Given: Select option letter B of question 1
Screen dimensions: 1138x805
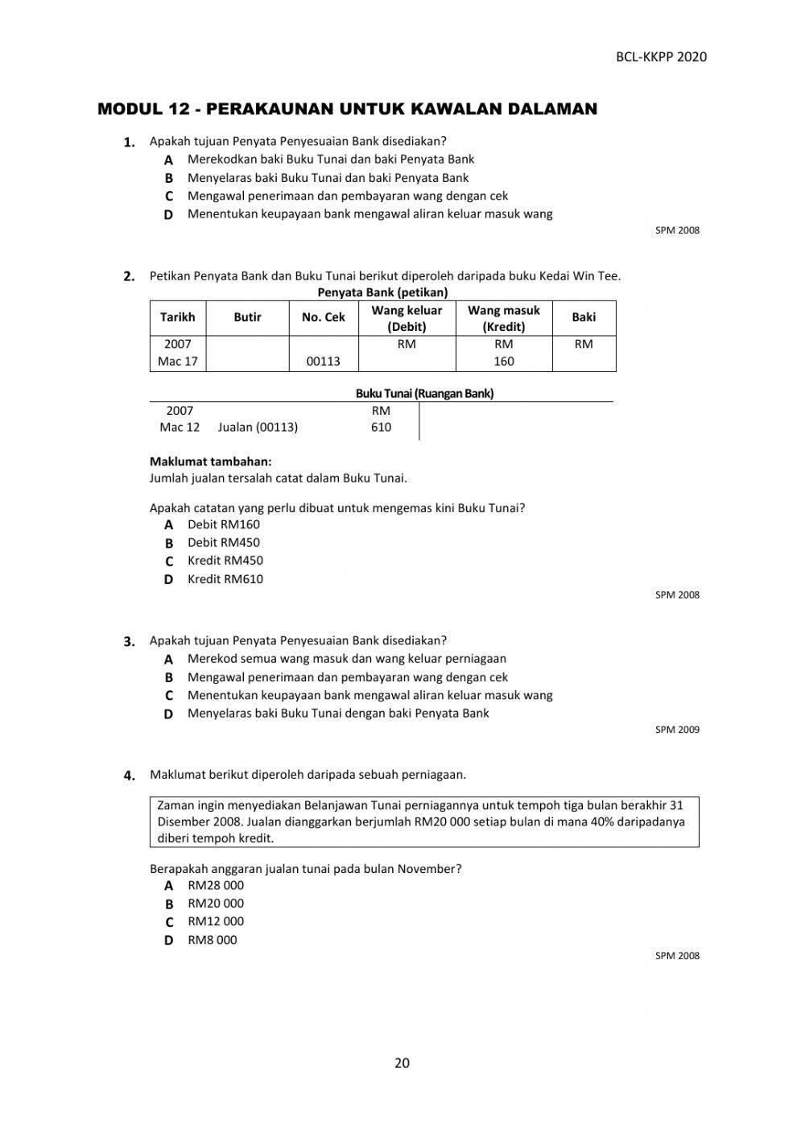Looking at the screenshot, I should click(169, 178).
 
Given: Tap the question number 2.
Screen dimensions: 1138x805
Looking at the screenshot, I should click(129, 276).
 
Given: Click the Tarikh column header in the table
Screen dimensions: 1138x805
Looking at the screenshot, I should click(177, 317).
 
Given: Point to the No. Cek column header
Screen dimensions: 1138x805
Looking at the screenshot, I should click(323, 317).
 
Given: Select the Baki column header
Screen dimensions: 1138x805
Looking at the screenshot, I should click(584, 317).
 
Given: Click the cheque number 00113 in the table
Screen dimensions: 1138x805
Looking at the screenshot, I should click(323, 362).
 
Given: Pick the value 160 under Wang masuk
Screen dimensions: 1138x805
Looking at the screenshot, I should click(504, 362).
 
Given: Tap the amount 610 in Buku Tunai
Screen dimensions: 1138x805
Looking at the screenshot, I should click(381, 427).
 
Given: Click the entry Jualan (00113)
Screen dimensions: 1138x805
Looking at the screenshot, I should click(258, 427).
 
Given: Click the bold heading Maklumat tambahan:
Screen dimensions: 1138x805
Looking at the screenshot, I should click(211, 461).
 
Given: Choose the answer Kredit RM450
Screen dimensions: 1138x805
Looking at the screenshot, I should click(225, 561).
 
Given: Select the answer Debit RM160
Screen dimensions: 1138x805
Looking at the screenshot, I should click(224, 524).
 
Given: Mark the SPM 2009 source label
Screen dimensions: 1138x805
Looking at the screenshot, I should click(677, 730).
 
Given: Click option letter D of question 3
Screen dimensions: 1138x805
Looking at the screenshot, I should click(169, 714).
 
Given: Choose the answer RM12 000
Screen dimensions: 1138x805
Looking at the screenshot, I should click(216, 921).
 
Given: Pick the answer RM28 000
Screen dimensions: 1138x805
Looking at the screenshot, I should click(216, 885).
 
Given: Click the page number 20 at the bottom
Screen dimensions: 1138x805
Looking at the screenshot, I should click(402, 1063).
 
